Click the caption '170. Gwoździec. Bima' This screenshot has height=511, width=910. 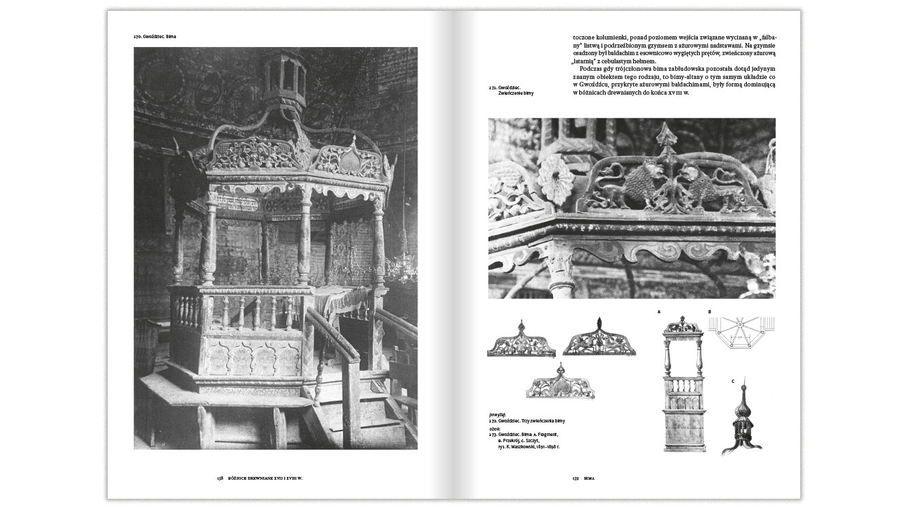coord(155,36)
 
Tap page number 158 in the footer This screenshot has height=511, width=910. coord(220,478)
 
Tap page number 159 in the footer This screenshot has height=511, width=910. coord(576,478)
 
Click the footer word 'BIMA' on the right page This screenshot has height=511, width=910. coord(589,478)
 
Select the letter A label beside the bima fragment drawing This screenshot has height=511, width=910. coord(659,312)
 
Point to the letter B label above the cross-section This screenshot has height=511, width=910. coord(709,312)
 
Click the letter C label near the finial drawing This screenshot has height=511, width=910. coord(733,381)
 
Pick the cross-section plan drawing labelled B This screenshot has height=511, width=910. coord(744,334)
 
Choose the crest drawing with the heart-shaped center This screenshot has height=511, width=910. coord(560,382)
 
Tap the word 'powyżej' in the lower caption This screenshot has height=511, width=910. coord(497,414)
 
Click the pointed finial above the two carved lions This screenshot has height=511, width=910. coord(666,138)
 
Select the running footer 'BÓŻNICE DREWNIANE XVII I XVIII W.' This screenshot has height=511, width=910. coord(265,478)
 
